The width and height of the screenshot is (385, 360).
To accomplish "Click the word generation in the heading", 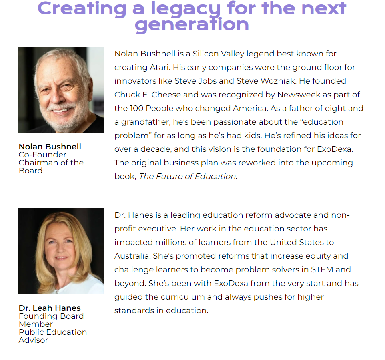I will [x=192, y=25].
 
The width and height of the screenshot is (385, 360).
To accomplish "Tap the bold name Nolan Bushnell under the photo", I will [x=50, y=147].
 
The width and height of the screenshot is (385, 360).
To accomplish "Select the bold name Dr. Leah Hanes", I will [x=50, y=308].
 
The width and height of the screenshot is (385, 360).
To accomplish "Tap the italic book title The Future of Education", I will [x=187, y=176].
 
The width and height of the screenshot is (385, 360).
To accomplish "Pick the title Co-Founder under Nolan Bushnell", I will [x=42, y=155].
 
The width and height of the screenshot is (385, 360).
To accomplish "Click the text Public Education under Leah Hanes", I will [x=53, y=332].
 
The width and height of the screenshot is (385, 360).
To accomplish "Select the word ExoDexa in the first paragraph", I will [x=335, y=149].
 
